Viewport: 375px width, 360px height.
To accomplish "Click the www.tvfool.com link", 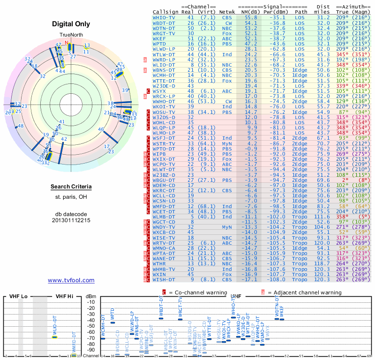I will (x=71, y=280).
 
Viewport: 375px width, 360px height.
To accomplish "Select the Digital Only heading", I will (x=71, y=24).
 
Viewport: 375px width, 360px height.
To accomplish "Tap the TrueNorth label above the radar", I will (x=71, y=35).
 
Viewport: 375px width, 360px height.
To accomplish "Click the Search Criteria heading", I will (x=71, y=187).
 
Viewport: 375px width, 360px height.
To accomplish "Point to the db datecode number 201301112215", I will (x=71, y=220).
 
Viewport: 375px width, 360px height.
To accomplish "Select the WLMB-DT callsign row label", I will (x=165, y=217).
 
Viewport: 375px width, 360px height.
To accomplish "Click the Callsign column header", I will (x=165, y=11).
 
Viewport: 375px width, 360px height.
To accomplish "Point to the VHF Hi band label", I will (x=64, y=297).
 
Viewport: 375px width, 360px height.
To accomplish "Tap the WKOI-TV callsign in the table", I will (x=164, y=106).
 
